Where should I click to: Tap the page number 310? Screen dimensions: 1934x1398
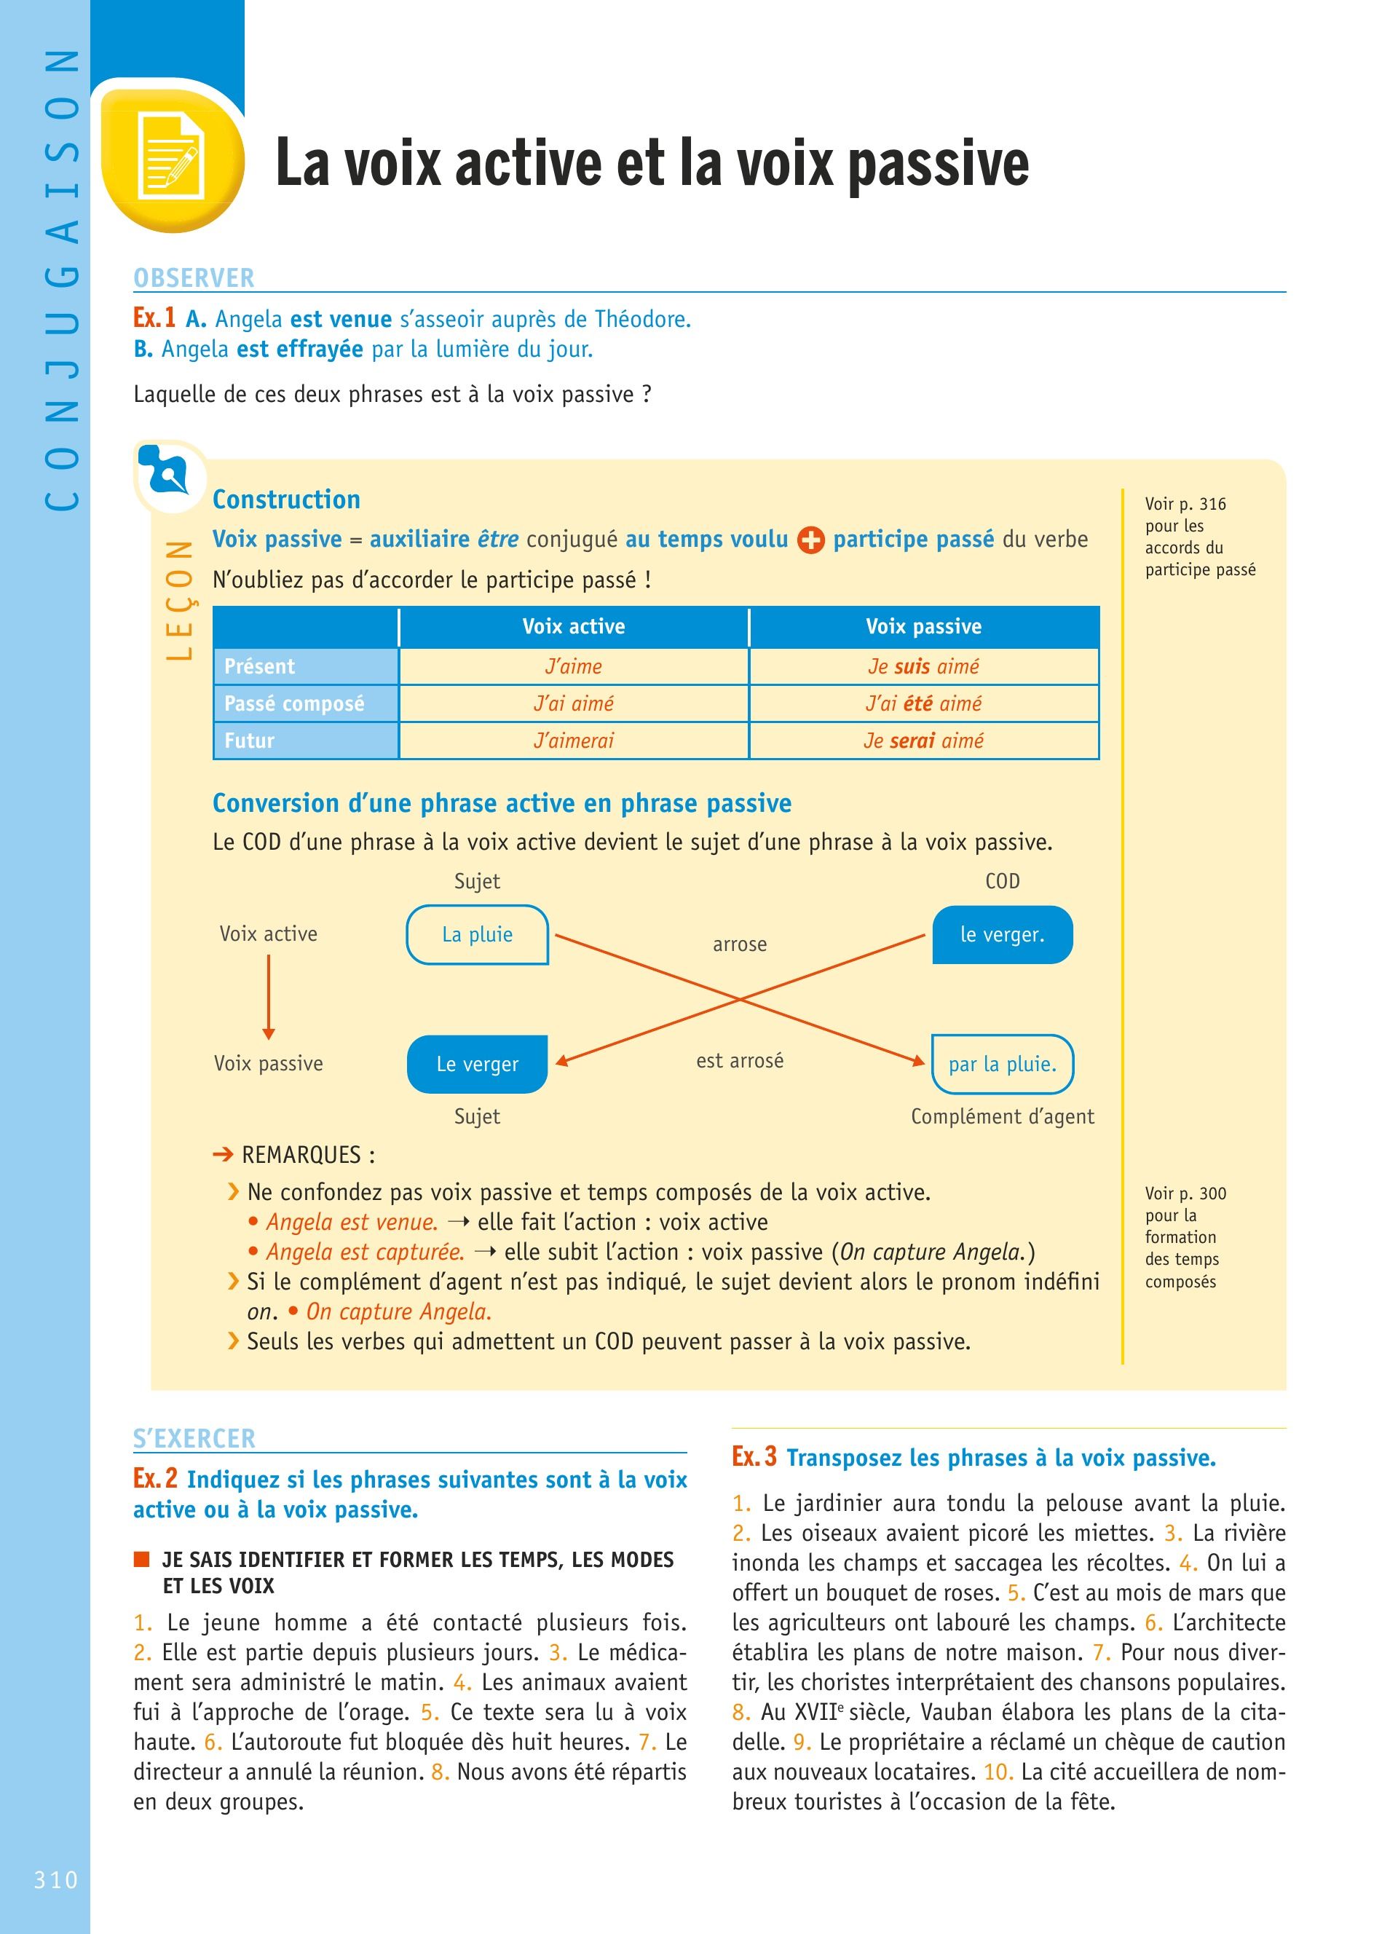[55, 1879]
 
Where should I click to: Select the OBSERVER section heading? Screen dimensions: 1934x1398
[194, 278]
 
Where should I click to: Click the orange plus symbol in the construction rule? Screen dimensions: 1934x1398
[810, 540]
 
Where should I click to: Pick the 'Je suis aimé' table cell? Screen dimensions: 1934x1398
[923, 666]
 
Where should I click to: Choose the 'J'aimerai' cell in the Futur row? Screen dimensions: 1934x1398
[573, 740]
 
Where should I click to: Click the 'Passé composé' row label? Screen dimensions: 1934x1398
[294, 703]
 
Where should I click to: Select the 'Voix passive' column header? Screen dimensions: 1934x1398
[923, 627]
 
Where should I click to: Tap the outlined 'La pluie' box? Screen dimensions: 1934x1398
[478, 934]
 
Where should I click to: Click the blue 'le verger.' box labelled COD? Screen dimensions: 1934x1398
[1002, 934]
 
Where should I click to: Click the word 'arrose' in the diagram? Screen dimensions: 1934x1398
[739, 944]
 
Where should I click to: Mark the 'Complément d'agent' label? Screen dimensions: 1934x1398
[1002, 1116]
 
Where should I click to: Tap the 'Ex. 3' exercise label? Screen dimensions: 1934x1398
[754, 1456]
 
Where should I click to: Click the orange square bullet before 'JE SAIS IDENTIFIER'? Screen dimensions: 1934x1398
[141, 1560]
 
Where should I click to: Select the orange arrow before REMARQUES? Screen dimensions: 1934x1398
[223, 1155]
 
